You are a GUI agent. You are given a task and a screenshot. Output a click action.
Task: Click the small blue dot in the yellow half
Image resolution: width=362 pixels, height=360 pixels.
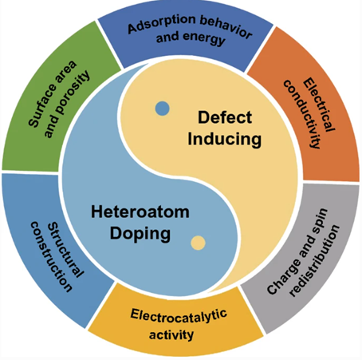click(163, 109)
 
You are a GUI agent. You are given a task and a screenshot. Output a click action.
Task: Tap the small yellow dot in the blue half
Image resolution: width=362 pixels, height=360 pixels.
click(198, 243)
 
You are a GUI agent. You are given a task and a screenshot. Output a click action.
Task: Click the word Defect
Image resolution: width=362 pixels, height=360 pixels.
click(225, 117)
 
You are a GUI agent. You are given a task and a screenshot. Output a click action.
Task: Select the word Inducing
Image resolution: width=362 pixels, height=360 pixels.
click(225, 140)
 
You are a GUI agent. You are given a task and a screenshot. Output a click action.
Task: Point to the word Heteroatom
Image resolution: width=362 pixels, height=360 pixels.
click(140, 212)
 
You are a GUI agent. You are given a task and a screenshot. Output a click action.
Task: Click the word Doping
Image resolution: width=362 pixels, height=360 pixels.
click(140, 234)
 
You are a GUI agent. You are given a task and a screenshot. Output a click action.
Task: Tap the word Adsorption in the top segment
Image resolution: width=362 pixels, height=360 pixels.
click(162, 24)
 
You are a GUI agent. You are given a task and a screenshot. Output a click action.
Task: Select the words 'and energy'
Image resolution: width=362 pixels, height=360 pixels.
click(191, 38)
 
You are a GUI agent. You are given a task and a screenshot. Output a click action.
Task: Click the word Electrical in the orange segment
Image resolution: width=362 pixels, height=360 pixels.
click(319, 105)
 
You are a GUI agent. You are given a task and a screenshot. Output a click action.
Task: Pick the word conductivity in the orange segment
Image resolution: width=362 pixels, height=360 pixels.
click(301, 114)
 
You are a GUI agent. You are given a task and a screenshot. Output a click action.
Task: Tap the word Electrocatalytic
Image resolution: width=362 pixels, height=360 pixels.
click(179, 316)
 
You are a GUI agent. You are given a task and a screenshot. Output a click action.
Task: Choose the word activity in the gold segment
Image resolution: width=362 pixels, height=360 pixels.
click(171, 334)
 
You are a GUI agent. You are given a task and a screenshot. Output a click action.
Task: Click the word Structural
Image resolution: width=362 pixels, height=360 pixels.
click(65, 250)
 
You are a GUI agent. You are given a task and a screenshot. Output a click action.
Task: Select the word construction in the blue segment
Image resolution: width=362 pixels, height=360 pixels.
click(51, 256)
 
